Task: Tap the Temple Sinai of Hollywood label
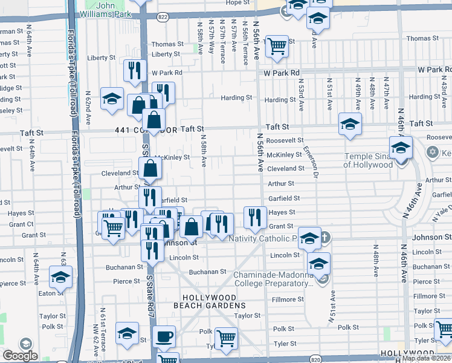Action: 372,159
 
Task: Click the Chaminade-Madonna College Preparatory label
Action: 273,279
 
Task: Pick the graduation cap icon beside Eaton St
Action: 60,278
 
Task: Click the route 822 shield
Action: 163,17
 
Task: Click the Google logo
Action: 20,356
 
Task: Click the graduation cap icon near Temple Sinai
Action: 401,146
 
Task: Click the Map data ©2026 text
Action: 426,358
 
